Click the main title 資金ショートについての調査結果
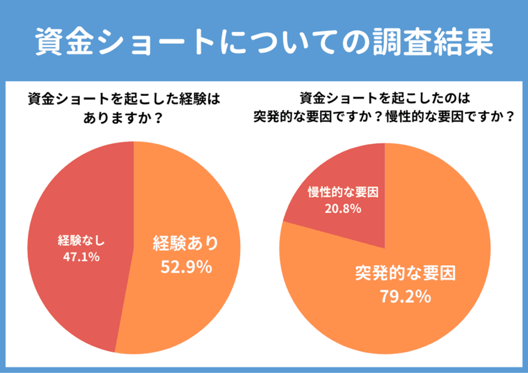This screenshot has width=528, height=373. click(263, 41)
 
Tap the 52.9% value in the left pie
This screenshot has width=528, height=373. click(187, 267)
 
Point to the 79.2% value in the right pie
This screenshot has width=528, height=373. click(405, 296)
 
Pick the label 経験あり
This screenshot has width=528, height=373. click(187, 244)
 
